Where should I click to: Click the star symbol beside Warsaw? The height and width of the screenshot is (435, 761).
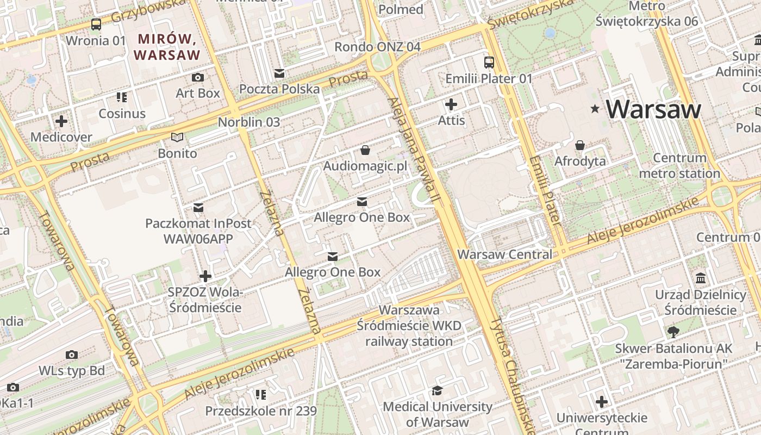coord(596,109)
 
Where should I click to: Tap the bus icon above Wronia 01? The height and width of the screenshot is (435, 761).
coord(96,24)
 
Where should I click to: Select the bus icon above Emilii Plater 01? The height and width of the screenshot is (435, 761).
coord(489,62)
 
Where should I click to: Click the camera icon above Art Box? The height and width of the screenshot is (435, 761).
coord(198,77)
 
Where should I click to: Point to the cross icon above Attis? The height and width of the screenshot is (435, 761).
coord(451,104)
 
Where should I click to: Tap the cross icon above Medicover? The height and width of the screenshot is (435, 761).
coord(61,121)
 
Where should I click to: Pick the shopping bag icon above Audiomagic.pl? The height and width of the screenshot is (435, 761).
coord(365,150)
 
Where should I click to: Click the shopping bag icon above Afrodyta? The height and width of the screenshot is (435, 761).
coord(580,145)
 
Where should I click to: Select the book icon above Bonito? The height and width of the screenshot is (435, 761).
coord(177,138)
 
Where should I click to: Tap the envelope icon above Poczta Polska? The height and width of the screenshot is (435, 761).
coord(279,73)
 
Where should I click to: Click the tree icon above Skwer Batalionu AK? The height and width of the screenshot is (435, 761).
coord(673,332)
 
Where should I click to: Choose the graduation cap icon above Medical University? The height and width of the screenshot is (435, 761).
coord(437,390)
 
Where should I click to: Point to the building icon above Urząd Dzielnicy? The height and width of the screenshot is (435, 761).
coord(701,278)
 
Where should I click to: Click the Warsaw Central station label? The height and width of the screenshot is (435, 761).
coord(504,254)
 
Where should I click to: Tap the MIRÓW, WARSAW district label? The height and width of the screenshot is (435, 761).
coord(167,47)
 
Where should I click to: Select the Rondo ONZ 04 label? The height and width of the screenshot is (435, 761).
coord(377,47)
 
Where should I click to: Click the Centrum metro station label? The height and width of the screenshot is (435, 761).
coord(679,166)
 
